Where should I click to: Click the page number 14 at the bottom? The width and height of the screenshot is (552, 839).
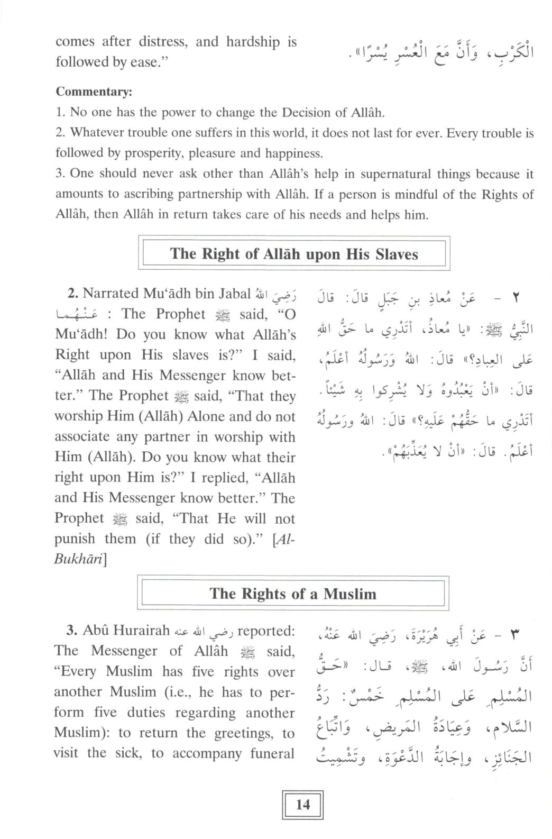tap(303, 805)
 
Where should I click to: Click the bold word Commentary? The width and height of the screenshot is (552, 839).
tap(94, 92)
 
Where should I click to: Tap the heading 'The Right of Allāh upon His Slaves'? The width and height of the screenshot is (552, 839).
tap(294, 254)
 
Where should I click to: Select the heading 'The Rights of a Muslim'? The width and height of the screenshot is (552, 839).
tap(293, 594)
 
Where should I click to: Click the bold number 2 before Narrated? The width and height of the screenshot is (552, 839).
tap(73, 294)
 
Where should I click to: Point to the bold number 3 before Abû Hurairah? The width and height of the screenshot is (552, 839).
tap(72, 631)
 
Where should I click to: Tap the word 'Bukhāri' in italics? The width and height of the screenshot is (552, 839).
tap(80, 559)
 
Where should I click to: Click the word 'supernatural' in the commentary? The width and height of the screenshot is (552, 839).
tap(391, 174)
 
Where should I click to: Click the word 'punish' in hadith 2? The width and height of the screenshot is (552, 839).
tap(76, 539)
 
